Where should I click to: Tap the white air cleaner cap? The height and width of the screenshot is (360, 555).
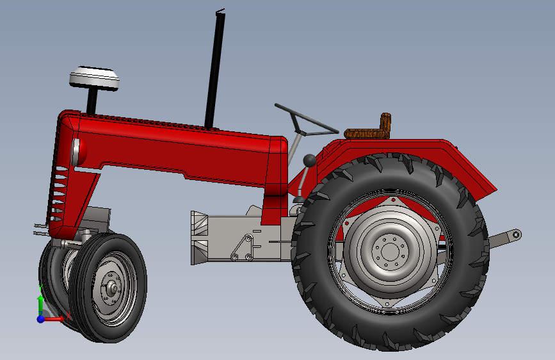coord(95,78)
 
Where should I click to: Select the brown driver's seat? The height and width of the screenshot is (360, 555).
coord(367,132)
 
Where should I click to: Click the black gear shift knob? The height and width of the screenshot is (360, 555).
coord(309,160)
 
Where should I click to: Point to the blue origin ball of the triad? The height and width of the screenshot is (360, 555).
coord(41,318)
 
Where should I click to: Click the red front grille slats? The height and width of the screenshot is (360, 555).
coord(60,192)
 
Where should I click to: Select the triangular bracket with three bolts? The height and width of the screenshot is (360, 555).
coord(242,248)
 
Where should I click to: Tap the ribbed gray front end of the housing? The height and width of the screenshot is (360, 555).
coord(199,237)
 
